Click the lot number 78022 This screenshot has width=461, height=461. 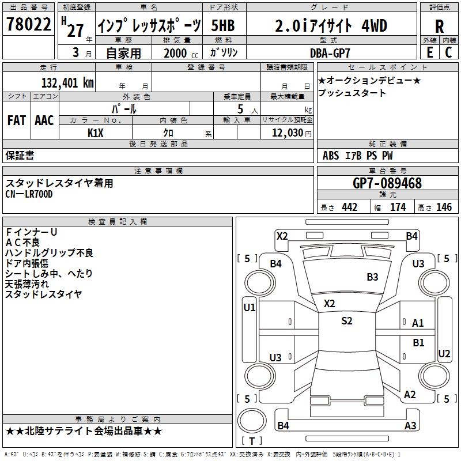pyautogui.click(x=28, y=24)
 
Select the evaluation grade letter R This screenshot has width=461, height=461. pyautogui.click(x=439, y=27)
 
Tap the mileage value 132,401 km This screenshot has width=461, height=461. pyautogui.click(x=67, y=82)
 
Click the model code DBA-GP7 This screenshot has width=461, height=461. pyautogui.click(x=330, y=53)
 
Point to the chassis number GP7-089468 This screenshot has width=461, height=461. pyautogui.click(x=387, y=183)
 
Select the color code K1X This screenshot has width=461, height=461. pyautogui.click(x=95, y=133)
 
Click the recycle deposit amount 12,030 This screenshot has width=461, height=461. pyautogui.click(x=287, y=133)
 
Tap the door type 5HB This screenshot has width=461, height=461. pyautogui.click(x=223, y=25)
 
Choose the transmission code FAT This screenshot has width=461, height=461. pyautogui.click(x=17, y=120)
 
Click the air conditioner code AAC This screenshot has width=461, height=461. pyautogui.click(x=44, y=120)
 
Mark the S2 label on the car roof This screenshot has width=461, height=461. pyautogui.click(x=347, y=320)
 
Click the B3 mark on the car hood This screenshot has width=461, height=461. pyautogui.click(x=372, y=277)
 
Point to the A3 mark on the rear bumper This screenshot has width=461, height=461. pyautogui.click(x=410, y=425)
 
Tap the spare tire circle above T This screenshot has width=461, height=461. pyautogui.click(x=252, y=421)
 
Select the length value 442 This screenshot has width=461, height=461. pyautogui.click(x=350, y=207)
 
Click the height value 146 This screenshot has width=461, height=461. pyautogui.click(x=444, y=207)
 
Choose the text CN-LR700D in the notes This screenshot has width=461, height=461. pyautogui.click(x=29, y=194)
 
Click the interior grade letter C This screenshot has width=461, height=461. pyautogui.click(x=448, y=52)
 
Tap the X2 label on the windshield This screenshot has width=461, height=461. pyautogui.click(x=329, y=304)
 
